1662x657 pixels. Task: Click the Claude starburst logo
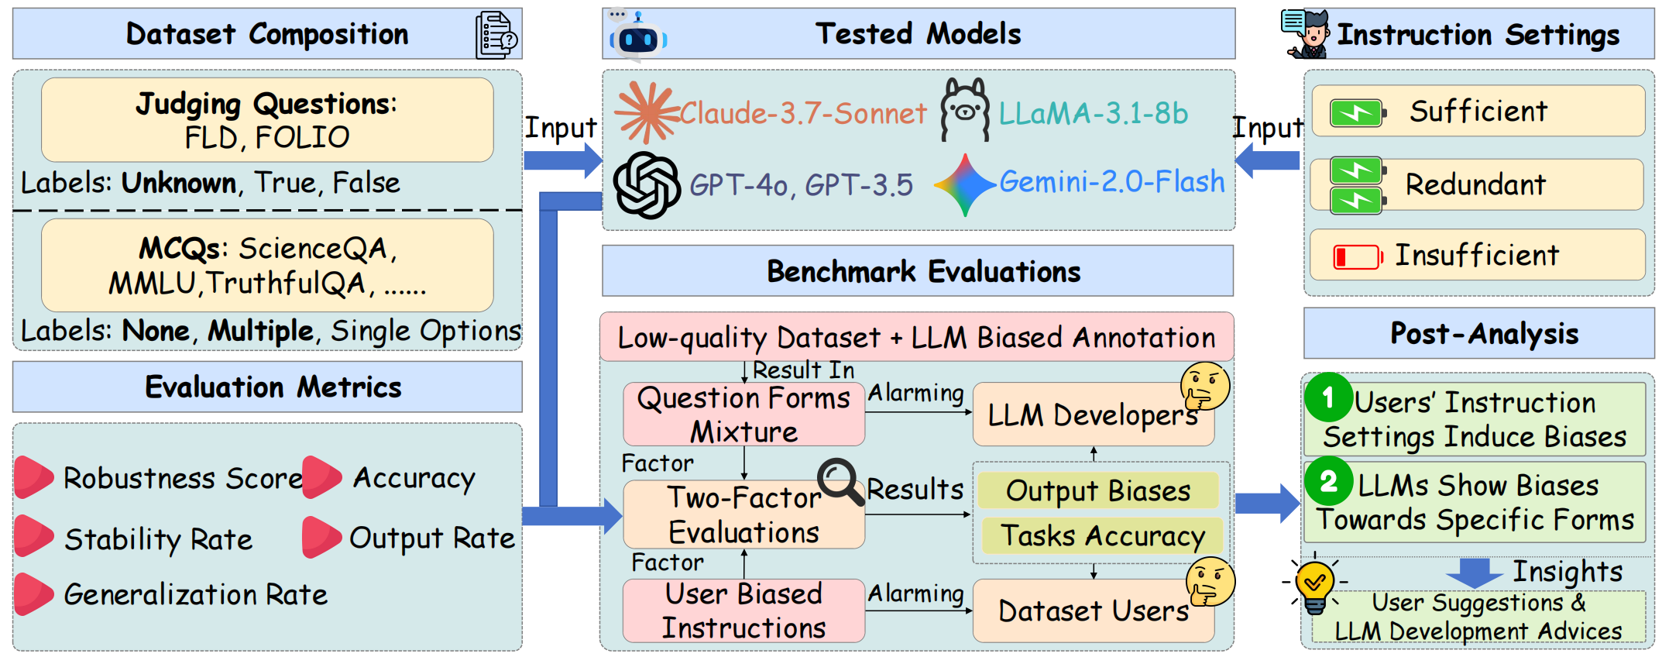click(647, 112)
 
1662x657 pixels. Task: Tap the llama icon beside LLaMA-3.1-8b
click(964, 110)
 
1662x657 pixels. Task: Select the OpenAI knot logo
click(647, 185)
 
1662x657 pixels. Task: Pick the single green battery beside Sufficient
click(1358, 113)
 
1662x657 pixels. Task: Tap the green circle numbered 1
click(1328, 397)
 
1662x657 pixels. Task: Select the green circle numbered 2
click(1329, 481)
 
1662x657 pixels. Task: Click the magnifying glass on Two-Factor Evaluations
click(840, 481)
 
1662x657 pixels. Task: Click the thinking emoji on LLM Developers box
click(1205, 386)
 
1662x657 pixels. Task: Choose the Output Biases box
click(1098, 490)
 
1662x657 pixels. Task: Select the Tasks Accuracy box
click(1102, 535)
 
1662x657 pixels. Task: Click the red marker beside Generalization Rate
click(34, 594)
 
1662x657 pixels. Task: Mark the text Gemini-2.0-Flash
click(1112, 181)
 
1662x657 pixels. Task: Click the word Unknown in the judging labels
click(179, 183)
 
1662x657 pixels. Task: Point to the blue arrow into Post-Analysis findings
click(1267, 504)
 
